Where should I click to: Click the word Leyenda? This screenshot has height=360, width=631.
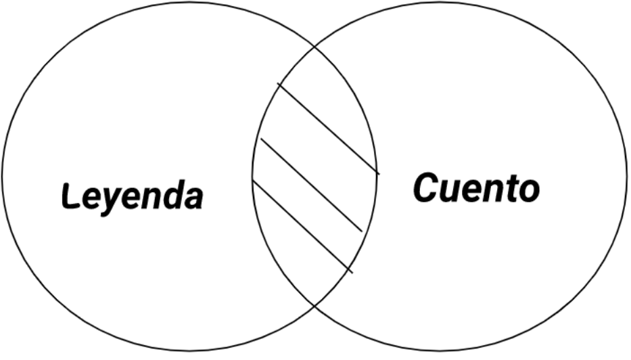[x=133, y=196]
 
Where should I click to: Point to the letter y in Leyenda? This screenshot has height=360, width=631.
[x=109, y=200]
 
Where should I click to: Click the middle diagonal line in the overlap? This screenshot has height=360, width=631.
[x=311, y=185]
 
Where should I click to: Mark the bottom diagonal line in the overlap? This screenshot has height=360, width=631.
[x=302, y=226]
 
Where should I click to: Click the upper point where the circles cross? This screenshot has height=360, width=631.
[x=314, y=49]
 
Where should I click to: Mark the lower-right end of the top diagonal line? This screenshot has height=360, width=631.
[x=379, y=174]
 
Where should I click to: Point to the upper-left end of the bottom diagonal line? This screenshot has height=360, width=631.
[x=252, y=180]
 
